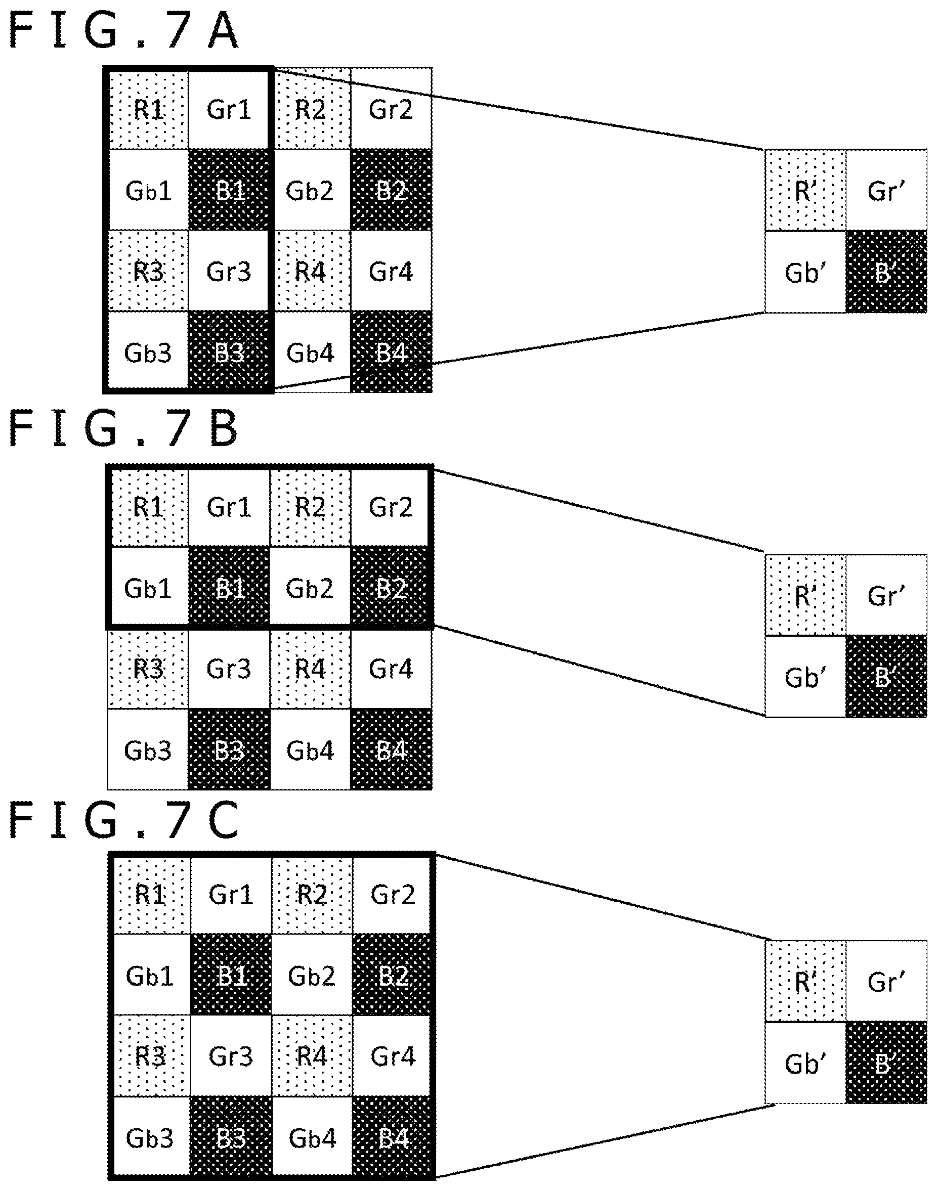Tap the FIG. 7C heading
coord(123,819)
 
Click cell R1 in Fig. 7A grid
coord(148,109)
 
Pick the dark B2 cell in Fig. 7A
coord(391,190)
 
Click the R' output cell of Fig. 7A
coord(805,190)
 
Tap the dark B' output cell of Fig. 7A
coord(886,272)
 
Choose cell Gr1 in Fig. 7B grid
coord(229,507)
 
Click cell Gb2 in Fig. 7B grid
coord(310,587)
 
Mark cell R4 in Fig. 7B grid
coord(310,668)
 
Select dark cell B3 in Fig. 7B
coord(229,749)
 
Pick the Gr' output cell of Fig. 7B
coord(886,595)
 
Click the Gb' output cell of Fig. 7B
coord(805,677)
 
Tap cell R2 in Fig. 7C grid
coord(312,895)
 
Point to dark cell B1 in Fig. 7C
coord(231,975)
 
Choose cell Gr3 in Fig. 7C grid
coord(231,1056)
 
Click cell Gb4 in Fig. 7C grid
coord(312,1136)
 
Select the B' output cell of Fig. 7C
coord(886,1063)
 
